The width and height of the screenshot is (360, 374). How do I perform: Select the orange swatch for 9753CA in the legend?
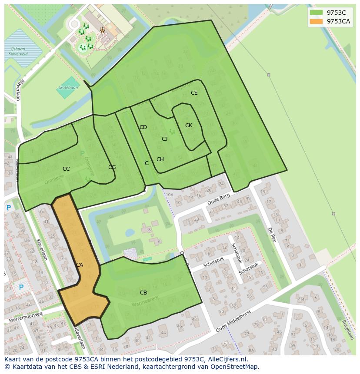pyautogui.click(x=316, y=21)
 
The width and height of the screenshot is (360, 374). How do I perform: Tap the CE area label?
pyautogui.click(x=194, y=93)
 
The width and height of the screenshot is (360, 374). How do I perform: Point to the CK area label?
pyautogui.click(x=188, y=126)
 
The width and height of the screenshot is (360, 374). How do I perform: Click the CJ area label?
pyautogui.click(x=164, y=139)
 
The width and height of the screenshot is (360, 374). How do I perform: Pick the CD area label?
pyautogui.click(x=143, y=127)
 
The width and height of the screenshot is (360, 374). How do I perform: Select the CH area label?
pyautogui.click(x=160, y=159)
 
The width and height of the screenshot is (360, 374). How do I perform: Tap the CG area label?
pyautogui.click(x=112, y=167)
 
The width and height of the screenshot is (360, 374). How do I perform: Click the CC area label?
pyautogui.click(x=66, y=169)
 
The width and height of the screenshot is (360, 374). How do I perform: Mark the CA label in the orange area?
pyautogui.click(x=80, y=265)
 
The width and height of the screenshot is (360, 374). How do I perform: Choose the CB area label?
pyautogui.click(x=143, y=293)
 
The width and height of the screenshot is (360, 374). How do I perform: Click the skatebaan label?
pyautogui.click(x=68, y=88)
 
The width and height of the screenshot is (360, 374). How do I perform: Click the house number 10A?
pyautogui.click(x=169, y=195)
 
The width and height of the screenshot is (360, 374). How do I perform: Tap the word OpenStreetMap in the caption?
pyautogui.click(x=231, y=367)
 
